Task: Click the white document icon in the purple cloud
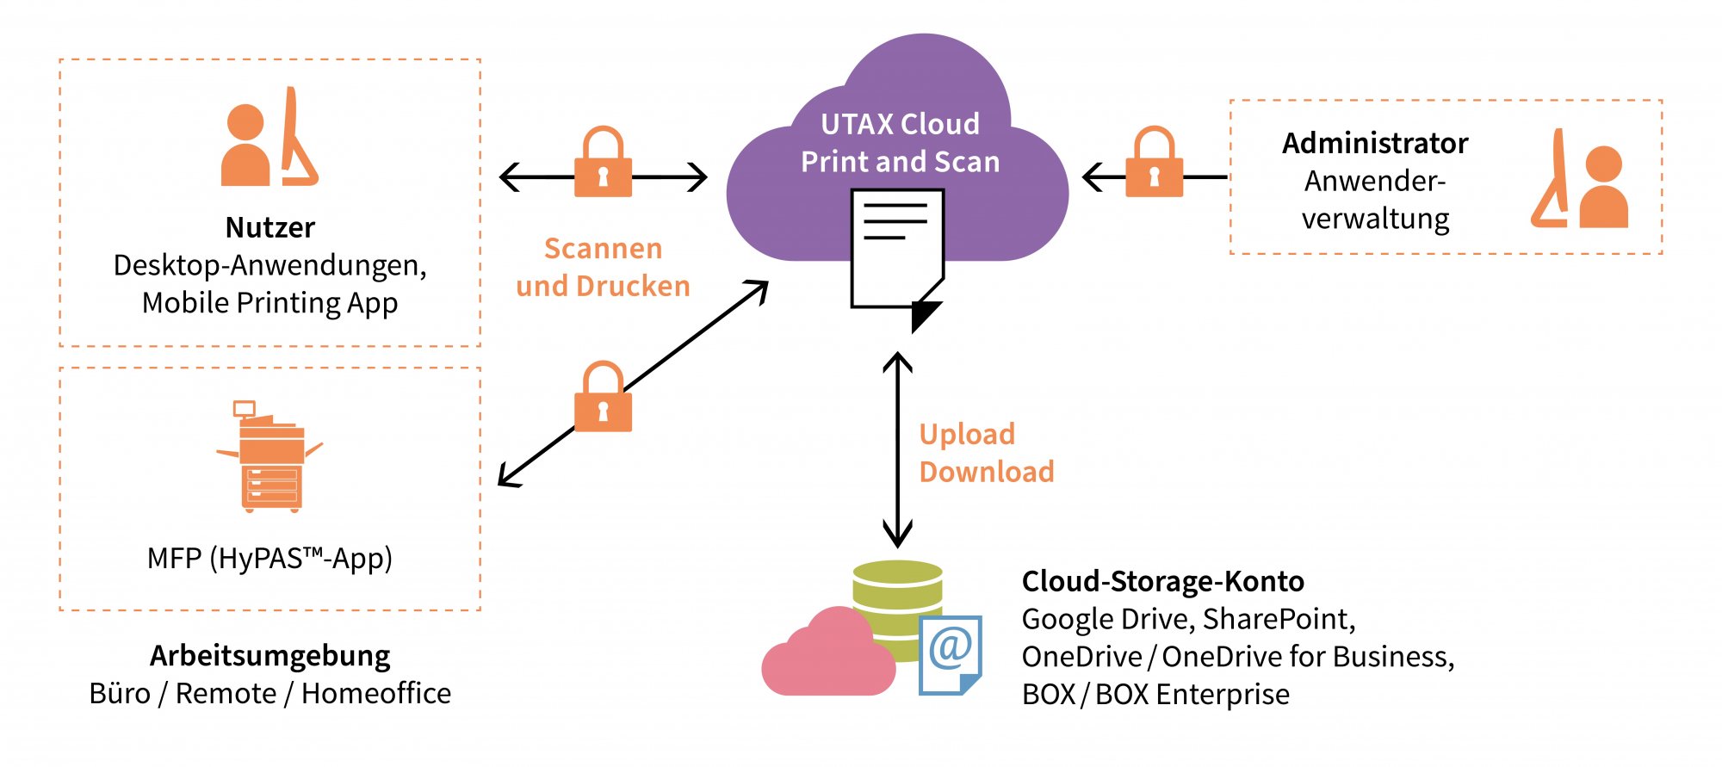tap(898, 258)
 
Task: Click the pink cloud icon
tap(828, 653)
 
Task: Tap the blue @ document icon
tap(951, 654)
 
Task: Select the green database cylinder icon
tap(897, 603)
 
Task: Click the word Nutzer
tap(269, 227)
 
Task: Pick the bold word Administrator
tap(1375, 143)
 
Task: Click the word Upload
tap(967, 435)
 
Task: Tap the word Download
tap(987, 472)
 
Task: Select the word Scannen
tap(603, 249)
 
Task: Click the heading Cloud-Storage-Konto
tap(1162, 582)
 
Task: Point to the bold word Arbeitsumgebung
tap(269, 657)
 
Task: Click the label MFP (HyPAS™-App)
tap(269, 559)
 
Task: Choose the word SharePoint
tap(1279, 620)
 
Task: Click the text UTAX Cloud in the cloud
tap(900, 125)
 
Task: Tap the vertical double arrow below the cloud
tap(898, 450)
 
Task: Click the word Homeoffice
tap(376, 694)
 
